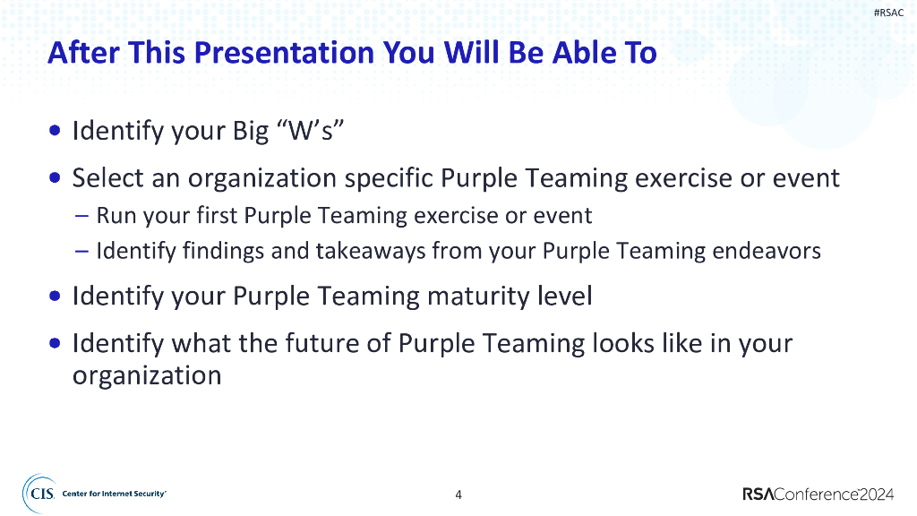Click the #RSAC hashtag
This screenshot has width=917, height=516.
coord(888,13)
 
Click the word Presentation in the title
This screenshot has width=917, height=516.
coord(284,53)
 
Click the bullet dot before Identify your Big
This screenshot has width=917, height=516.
coord(55,130)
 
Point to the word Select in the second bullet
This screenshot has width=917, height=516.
coord(107,177)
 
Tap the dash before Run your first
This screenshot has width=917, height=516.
coord(81,216)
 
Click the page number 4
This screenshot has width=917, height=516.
coord(458,494)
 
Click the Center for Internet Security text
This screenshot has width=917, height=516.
coord(114,494)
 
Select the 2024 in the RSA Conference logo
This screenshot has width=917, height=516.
coord(876,494)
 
